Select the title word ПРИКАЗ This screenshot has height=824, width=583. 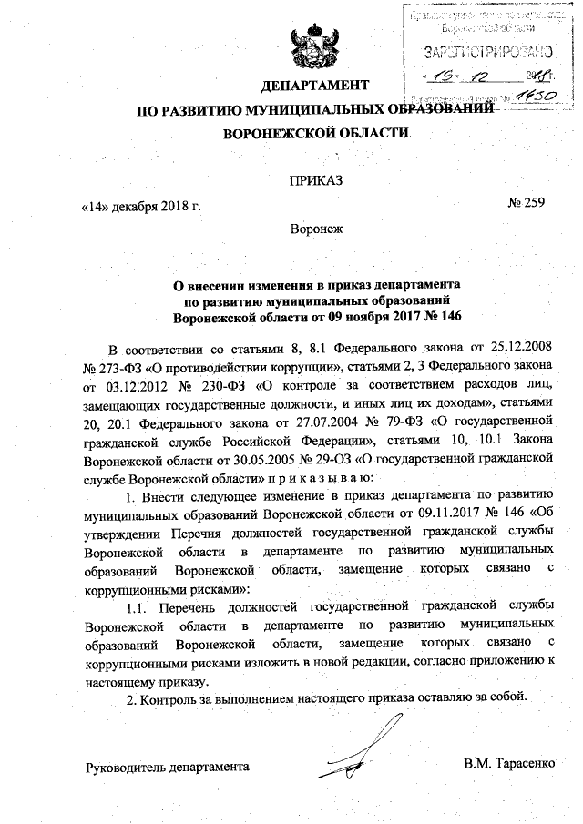[x=316, y=182]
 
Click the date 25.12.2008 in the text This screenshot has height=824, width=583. [x=520, y=349]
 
